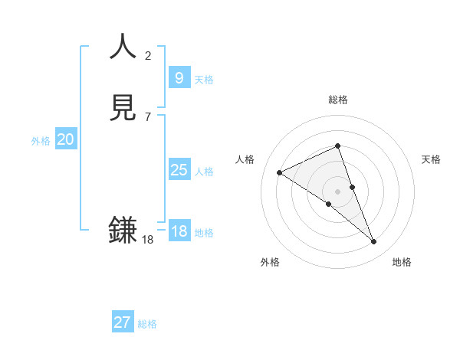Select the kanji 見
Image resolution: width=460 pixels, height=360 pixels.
tap(123, 109)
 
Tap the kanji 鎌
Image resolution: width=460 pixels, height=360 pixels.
tap(123, 230)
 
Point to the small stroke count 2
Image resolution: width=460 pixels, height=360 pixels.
tap(148, 55)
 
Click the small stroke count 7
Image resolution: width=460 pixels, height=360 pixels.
tap(148, 117)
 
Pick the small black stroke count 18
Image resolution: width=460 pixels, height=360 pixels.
tap(148, 240)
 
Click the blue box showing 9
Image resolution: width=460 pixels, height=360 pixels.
tap(179, 77)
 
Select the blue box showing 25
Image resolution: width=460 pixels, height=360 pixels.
tap(179, 170)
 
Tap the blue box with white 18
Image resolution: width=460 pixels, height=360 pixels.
tap(179, 231)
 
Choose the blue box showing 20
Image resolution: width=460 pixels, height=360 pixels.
tap(66, 139)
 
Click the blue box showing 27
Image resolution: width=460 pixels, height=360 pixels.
tap(122, 322)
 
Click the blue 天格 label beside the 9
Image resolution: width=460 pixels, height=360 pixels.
tap(204, 80)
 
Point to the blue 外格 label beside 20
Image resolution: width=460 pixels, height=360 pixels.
tap(41, 141)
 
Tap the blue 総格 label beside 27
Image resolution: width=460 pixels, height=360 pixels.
tap(147, 324)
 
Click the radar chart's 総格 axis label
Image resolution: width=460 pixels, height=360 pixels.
tap(337, 100)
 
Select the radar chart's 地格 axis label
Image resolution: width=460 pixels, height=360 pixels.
tap(402, 262)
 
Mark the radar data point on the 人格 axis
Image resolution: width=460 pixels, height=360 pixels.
tap(279, 173)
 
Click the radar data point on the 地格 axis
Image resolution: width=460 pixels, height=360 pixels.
tap(374, 242)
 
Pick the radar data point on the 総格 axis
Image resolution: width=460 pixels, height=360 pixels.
tap(337, 146)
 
